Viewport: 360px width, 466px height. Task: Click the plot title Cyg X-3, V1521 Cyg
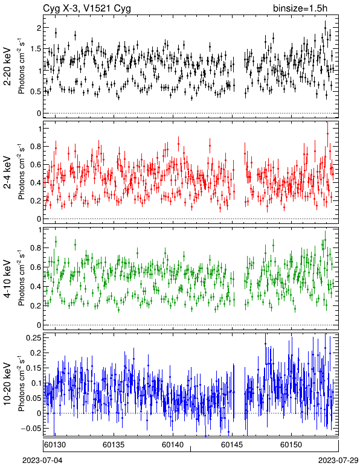(x=87, y=8)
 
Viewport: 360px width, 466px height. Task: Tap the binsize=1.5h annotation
(x=300, y=8)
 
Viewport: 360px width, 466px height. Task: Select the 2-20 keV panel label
(x=7, y=66)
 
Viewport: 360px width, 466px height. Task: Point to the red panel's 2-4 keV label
(x=7, y=173)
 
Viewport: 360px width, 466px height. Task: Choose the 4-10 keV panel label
(x=7, y=279)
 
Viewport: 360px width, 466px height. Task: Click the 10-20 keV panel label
(x=7, y=384)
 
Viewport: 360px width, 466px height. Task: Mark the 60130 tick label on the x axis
(x=55, y=445)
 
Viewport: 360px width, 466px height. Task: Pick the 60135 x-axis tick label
(x=114, y=445)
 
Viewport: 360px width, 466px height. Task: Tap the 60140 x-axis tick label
(x=172, y=445)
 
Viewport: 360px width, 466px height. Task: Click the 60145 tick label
(x=231, y=445)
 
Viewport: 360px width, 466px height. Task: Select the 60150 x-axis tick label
(x=291, y=445)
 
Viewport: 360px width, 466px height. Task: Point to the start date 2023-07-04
(x=43, y=461)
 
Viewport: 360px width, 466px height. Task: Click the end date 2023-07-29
(x=339, y=461)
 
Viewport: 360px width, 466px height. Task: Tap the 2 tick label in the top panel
(x=38, y=28)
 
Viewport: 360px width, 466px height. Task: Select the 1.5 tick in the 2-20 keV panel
(x=35, y=49)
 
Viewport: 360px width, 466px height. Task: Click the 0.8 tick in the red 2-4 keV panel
(x=35, y=147)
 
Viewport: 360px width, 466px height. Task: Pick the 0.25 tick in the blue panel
(x=33, y=337)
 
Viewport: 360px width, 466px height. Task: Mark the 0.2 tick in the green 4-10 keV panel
(x=35, y=306)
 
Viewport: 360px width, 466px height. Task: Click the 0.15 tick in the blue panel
(x=33, y=368)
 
